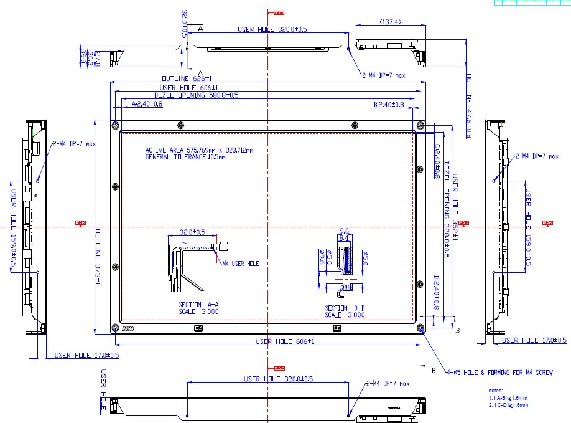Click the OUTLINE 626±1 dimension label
[x=187, y=79]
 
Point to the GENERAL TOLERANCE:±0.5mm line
[x=185, y=157]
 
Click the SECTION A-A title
[x=199, y=305]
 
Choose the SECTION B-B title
[x=345, y=308]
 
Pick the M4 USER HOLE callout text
[x=241, y=264]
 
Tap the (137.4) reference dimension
[x=390, y=22]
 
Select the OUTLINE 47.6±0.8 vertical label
[x=468, y=107]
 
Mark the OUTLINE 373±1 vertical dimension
[x=96, y=256]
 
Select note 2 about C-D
[x=508, y=405]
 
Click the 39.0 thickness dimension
[x=84, y=58]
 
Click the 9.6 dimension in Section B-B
[x=344, y=230]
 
